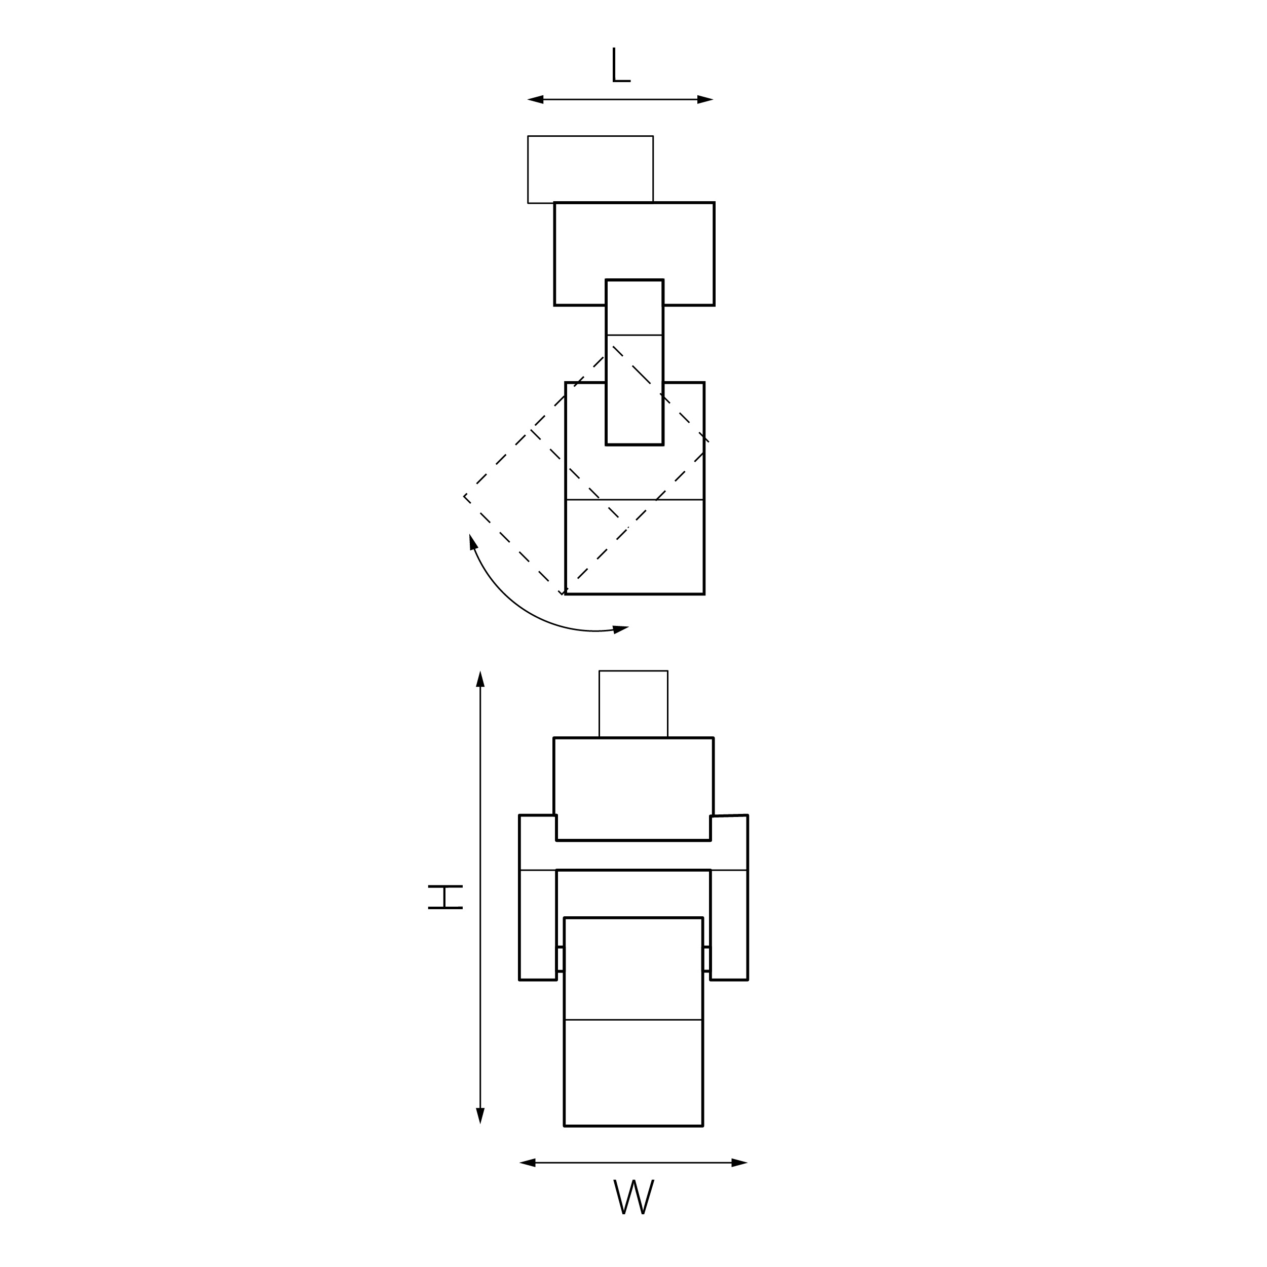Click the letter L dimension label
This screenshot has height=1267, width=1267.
[620, 65]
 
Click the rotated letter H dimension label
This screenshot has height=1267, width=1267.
[445, 897]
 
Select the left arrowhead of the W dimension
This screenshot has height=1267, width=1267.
[527, 1163]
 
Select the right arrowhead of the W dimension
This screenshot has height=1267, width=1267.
[740, 1163]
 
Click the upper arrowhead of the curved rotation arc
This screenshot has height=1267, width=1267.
[473, 542]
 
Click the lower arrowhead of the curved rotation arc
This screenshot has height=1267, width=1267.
[620, 629]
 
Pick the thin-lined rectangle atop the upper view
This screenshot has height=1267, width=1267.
[590, 169]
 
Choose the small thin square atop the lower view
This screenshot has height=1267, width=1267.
[633, 703]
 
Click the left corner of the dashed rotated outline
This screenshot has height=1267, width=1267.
[464, 496]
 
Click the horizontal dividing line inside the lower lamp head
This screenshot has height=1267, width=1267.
[633, 1020]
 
